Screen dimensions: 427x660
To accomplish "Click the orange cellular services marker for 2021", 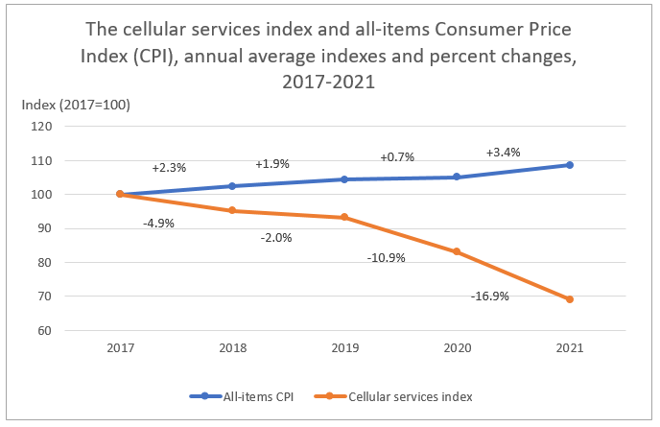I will pos(569,299).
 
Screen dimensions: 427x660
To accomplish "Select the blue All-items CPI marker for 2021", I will pos(569,165).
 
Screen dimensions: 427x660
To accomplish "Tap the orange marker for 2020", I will pos(457,251).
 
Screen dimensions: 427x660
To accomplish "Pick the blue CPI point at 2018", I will pos(232,186).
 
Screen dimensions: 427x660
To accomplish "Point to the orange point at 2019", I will pos(344,217).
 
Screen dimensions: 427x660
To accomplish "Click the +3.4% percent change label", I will pos(503,153).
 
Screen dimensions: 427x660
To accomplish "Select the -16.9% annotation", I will pos(489,297).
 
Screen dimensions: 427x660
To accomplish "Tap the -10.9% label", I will pos(387,258).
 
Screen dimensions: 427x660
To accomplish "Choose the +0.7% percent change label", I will pos(397,156).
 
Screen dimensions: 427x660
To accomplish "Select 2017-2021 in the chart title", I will pos(329,83).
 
